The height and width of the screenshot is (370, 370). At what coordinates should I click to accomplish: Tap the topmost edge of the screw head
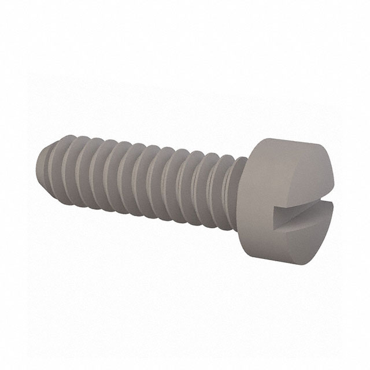(x=289, y=136)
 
